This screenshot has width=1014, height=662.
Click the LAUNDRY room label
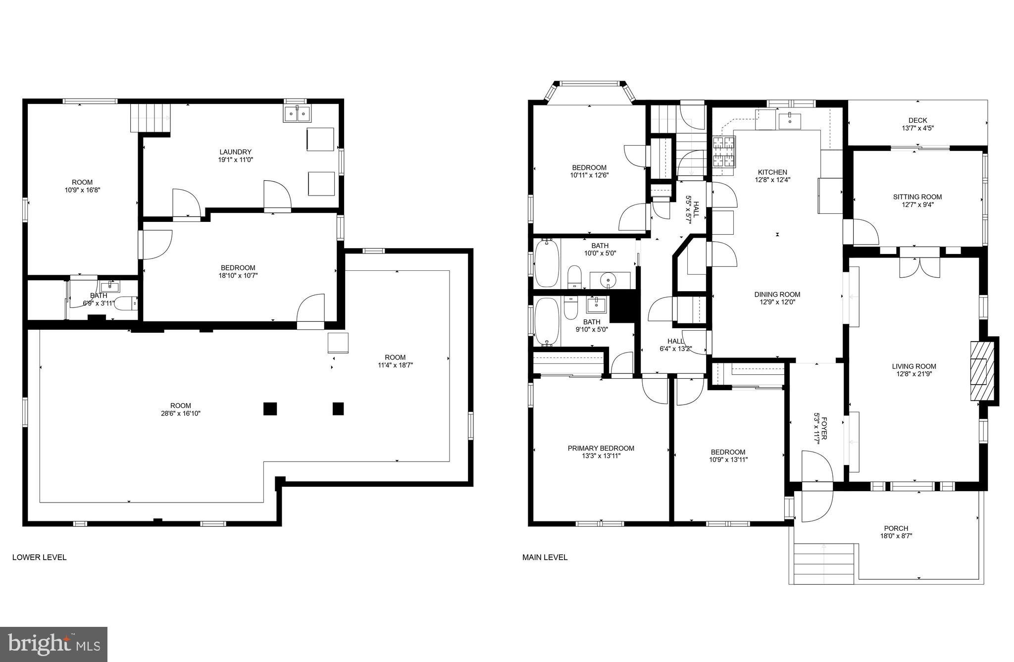(x=236, y=152)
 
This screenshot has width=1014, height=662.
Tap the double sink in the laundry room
(x=297, y=114)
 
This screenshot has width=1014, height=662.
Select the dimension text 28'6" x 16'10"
(x=180, y=413)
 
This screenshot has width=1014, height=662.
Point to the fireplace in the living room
(x=981, y=370)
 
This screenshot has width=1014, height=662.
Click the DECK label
(x=917, y=120)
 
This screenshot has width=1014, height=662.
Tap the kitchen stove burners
(x=724, y=152)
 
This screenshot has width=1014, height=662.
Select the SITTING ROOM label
(x=917, y=197)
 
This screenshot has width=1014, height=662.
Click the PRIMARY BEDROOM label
(x=601, y=448)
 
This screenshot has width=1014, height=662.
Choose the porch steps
(x=824, y=563)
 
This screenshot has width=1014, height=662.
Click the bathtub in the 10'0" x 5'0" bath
(x=547, y=263)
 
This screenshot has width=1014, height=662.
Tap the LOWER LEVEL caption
(x=39, y=557)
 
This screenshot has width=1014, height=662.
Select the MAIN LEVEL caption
(x=545, y=557)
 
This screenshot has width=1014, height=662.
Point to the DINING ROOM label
(x=777, y=294)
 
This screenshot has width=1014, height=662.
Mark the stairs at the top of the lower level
(x=150, y=118)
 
